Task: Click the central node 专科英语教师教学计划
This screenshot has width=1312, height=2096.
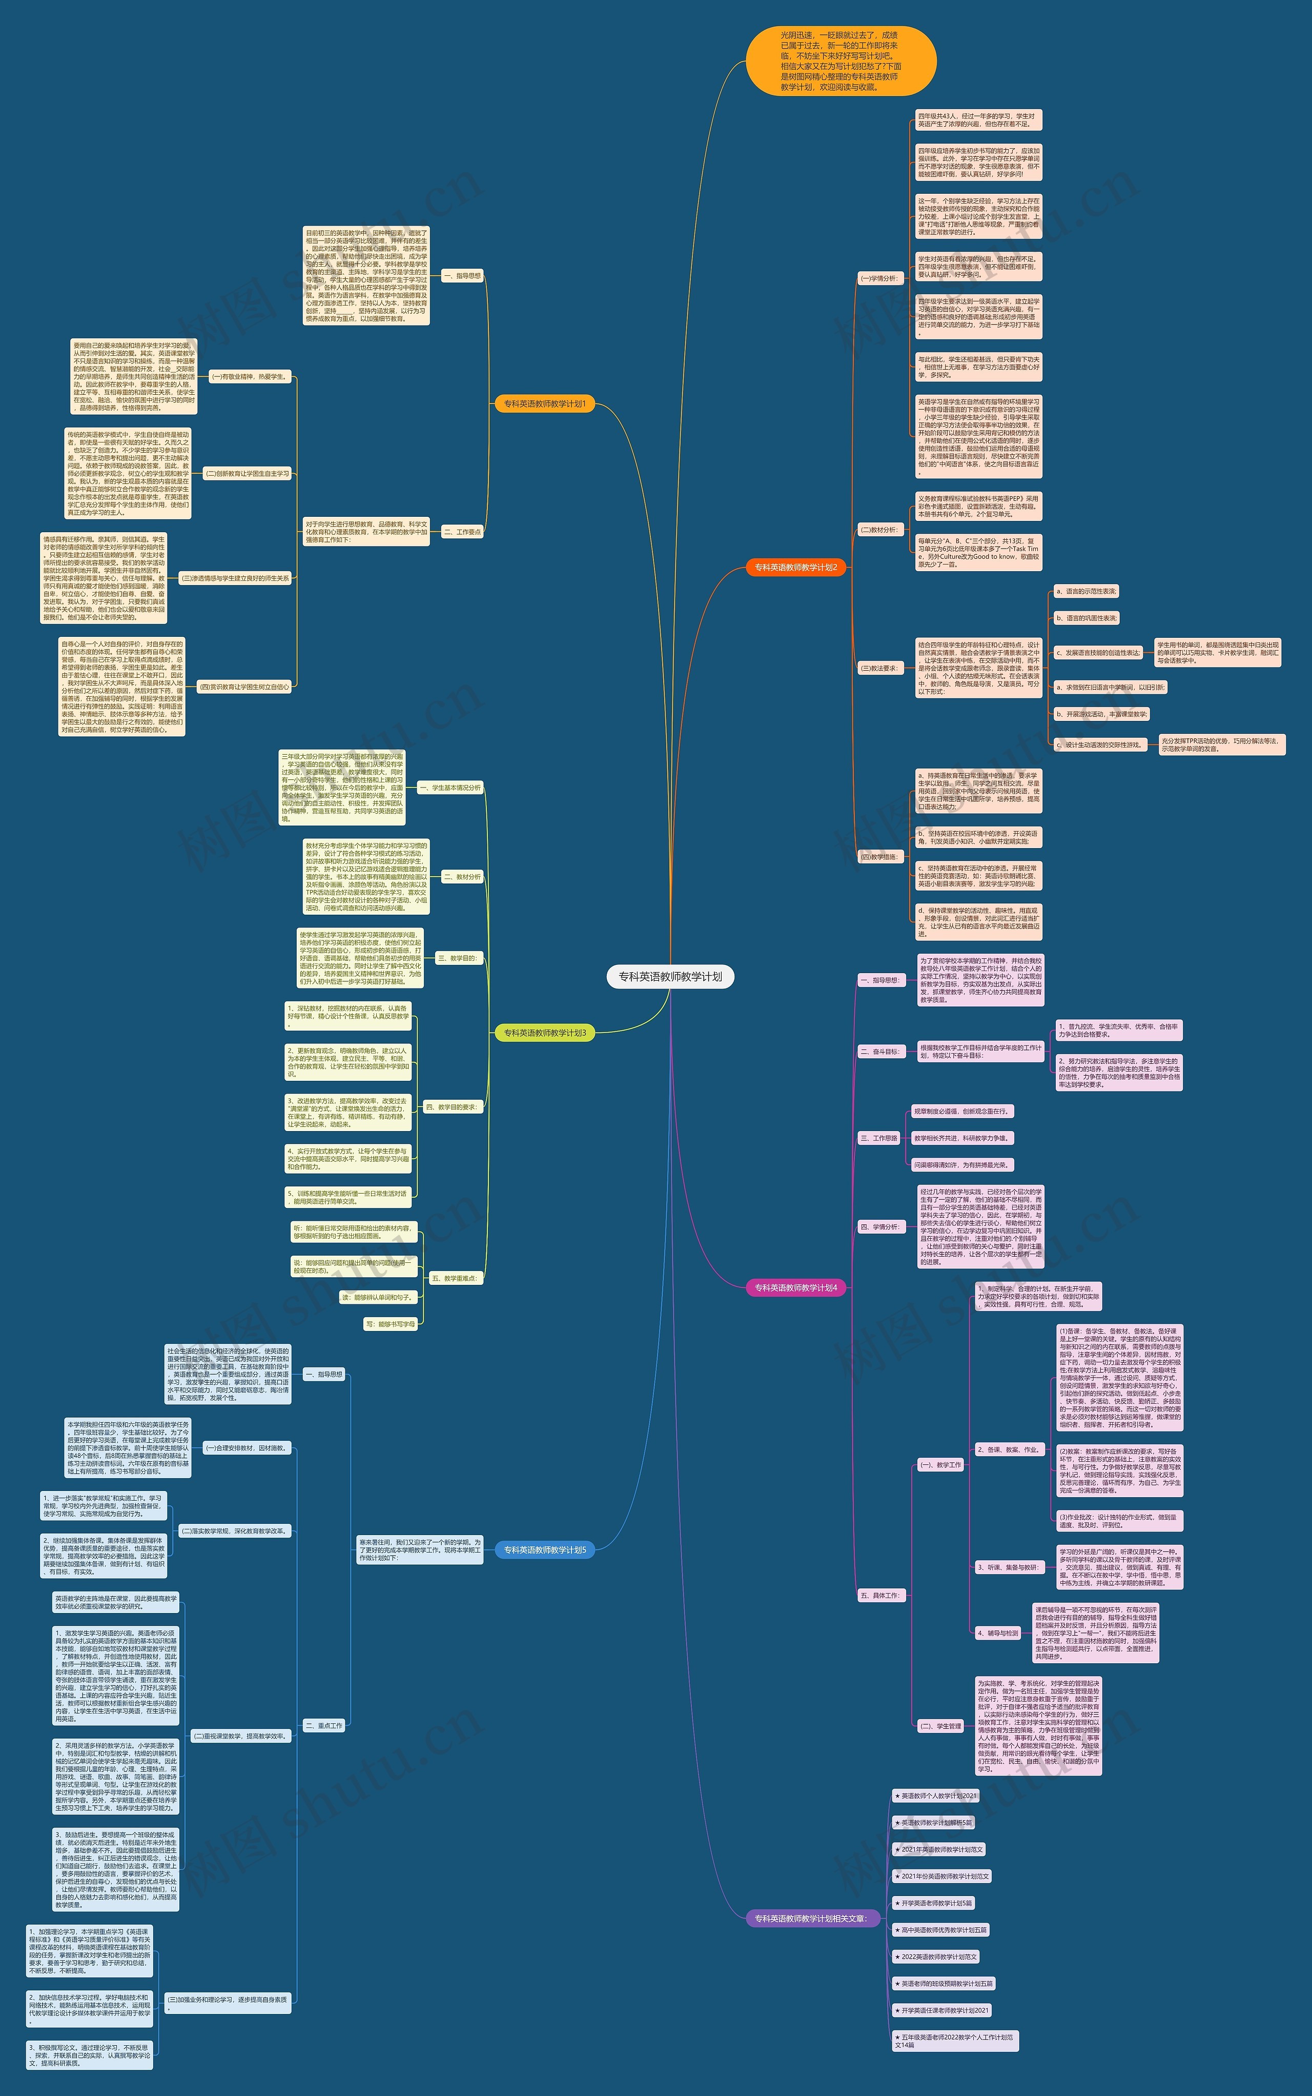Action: (x=670, y=976)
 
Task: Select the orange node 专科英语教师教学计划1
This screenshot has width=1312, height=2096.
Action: (x=544, y=404)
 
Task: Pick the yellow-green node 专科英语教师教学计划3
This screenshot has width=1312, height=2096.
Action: (x=544, y=1033)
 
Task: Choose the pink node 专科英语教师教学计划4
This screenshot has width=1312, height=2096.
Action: (x=795, y=1288)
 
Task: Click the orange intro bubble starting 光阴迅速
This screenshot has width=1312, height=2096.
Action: (x=840, y=61)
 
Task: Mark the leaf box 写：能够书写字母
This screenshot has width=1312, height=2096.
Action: (x=391, y=1324)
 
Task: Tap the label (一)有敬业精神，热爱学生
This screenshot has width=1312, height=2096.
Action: (x=249, y=377)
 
